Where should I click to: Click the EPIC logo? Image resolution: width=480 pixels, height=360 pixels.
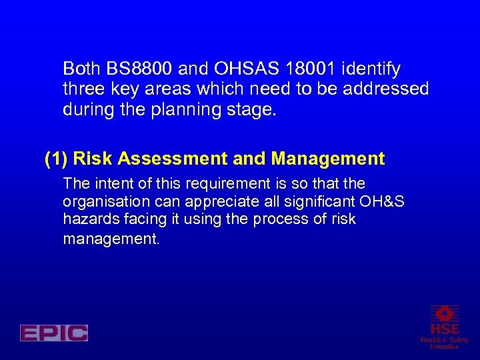(54, 333)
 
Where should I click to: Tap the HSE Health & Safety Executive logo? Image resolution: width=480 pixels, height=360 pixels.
(444, 327)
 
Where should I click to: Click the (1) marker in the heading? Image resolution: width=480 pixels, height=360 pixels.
(56, 159)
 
